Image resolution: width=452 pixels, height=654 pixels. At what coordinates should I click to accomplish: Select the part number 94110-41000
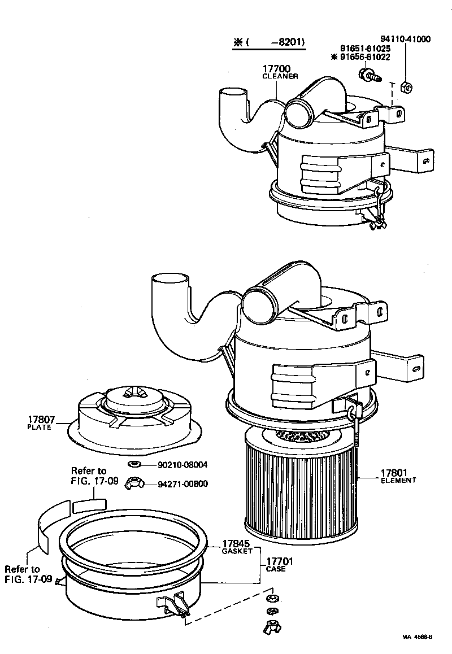(x=405, y=40)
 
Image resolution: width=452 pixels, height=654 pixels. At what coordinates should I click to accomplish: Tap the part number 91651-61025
(x=364, y=49)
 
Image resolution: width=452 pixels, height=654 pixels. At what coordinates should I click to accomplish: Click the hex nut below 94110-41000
(x=405, y=86)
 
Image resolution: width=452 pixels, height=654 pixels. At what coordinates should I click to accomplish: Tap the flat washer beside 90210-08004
(x=134, y=464)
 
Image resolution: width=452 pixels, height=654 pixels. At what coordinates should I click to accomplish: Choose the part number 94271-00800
(x=182, y=483)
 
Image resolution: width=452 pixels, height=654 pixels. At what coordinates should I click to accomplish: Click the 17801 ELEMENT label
(x=398, y=476)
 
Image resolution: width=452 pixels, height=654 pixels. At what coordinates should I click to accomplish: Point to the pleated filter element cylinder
(x=299, y=486)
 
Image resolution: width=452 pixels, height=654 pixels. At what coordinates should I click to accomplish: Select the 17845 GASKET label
(x=236, y=547)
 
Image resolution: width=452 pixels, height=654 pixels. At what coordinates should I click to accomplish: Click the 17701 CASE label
(x=276, y=565)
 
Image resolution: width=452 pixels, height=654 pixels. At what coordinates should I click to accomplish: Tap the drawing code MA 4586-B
(x=417, y=636)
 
